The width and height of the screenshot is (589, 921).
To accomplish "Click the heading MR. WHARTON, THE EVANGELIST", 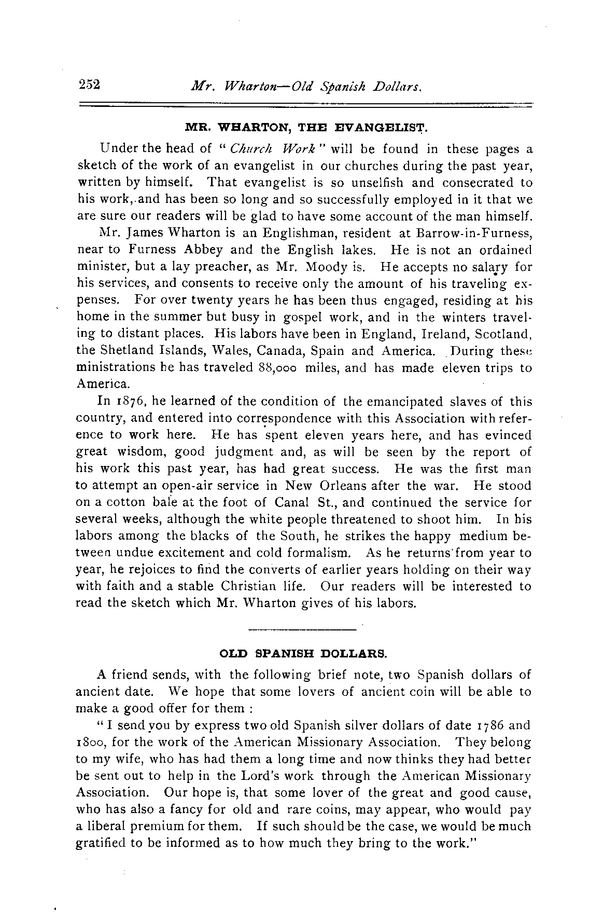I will pos(305,127).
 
